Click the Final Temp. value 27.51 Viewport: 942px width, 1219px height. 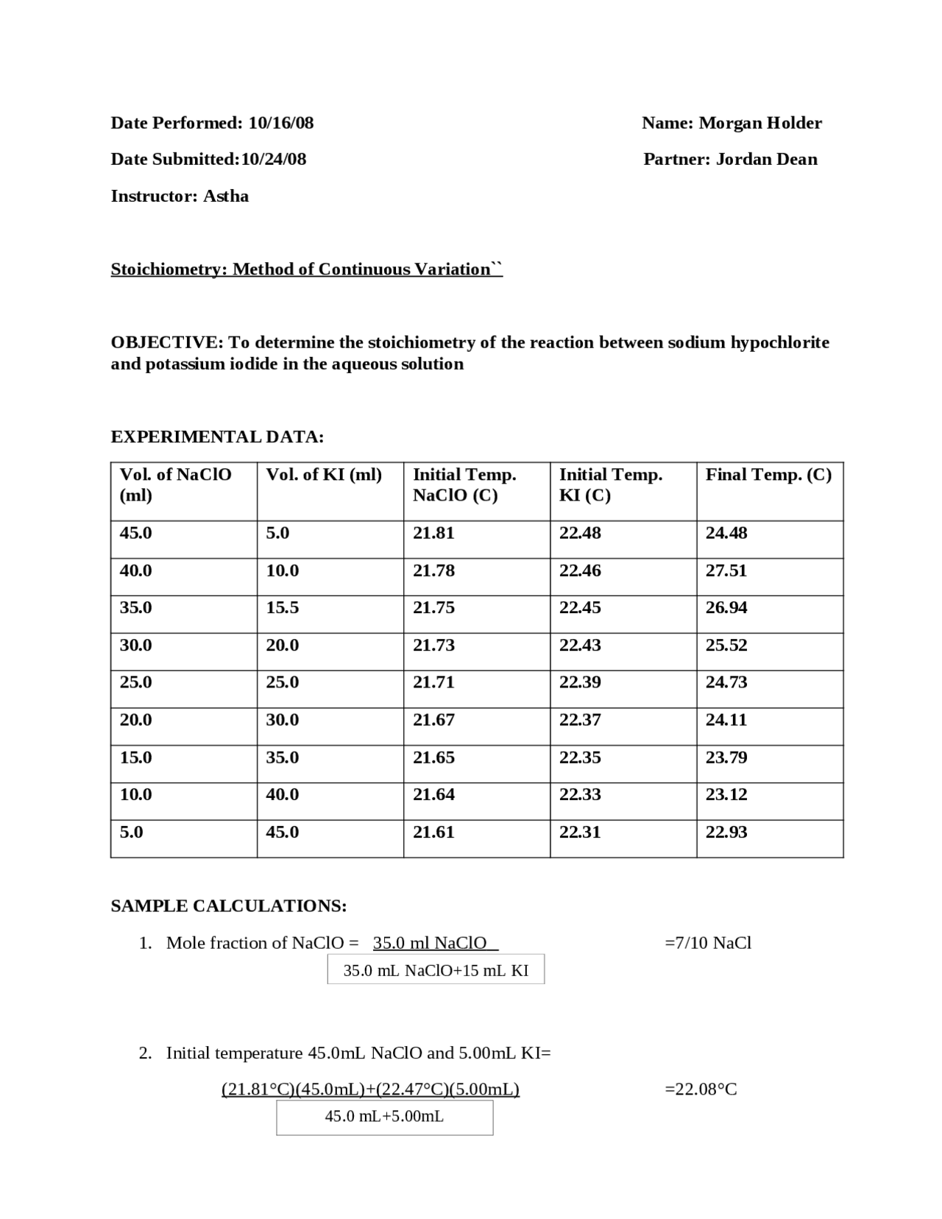pyautogui.click(x=726, y=570)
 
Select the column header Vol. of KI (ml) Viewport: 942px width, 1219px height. pyautogui.click(x=324, y=475)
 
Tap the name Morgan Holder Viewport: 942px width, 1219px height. pyautogui.click(x=759, y=123)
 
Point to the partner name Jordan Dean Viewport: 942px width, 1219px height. pyautogui.click(x=766, y=159)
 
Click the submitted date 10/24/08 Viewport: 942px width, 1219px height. pyautogui.click(x=273, y=159)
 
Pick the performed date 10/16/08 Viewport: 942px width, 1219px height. pyautogui.click(x=280, y=123)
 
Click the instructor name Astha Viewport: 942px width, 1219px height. pyautogui.click(x=226, y=196)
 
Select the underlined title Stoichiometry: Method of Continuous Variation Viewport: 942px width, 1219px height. pyautogui.click(x=306, y=269)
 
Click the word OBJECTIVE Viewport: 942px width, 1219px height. pyautogui.click(x=166, y=342)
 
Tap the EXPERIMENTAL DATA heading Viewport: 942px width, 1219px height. pyautogui.click(x=217, y=437)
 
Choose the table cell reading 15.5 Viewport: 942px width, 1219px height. pyautogui.click(x=282, y=607)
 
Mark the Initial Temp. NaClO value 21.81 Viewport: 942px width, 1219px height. pyautogui.click(x=433, y=533)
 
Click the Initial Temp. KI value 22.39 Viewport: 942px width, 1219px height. pyautogui.click(x=580, y=682)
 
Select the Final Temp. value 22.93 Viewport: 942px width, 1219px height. pyautogui.click(x=726, y=832)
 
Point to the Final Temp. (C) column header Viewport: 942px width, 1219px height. pyautogui.click(x=768, y=475)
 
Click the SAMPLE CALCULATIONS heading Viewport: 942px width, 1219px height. pyautogui.click(x=229, y=905)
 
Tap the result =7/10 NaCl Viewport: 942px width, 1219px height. pyautogui.click(x=707, y=943)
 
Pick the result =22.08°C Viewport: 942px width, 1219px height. pyautogui.click(x=701, y=1089)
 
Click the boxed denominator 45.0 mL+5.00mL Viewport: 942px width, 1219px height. pyautogui.click(x=384, y=1117)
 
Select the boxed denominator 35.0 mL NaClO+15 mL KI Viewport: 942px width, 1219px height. pyautogui.click(x=436, y=970)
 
